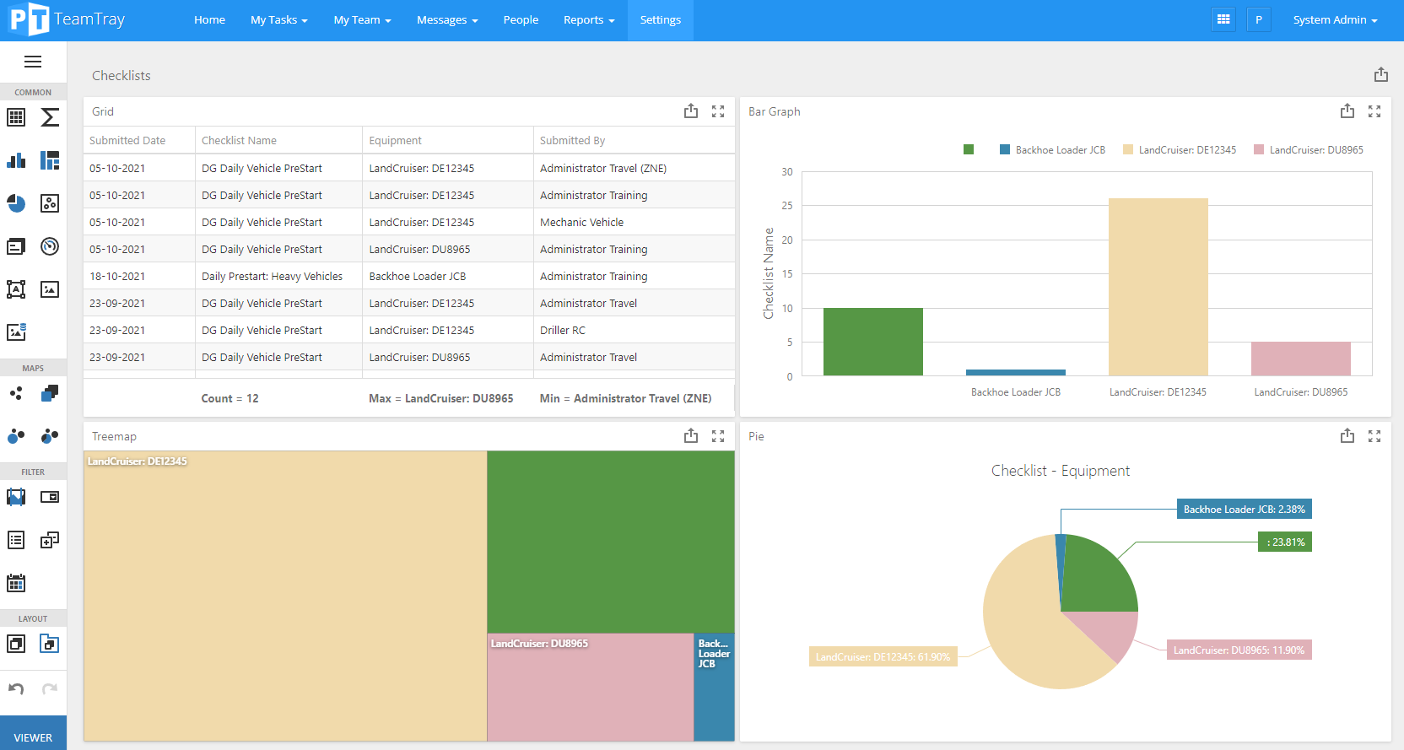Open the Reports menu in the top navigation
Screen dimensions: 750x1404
588,20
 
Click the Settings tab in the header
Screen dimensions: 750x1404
660,20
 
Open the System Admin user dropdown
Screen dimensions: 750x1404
1334,20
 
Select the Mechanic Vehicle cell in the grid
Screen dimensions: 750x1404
581,223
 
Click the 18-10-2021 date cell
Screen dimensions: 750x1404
117,277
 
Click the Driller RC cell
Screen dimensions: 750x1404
562,331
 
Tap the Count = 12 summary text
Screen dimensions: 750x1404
229,399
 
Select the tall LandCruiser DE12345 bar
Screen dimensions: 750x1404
1158,287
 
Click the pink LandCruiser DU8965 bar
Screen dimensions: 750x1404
1300,359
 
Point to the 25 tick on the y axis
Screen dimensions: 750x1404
786,206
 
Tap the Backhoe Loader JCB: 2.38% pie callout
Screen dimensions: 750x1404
1244,510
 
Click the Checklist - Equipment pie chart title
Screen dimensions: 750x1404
1060,471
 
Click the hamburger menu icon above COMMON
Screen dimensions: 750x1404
33,62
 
